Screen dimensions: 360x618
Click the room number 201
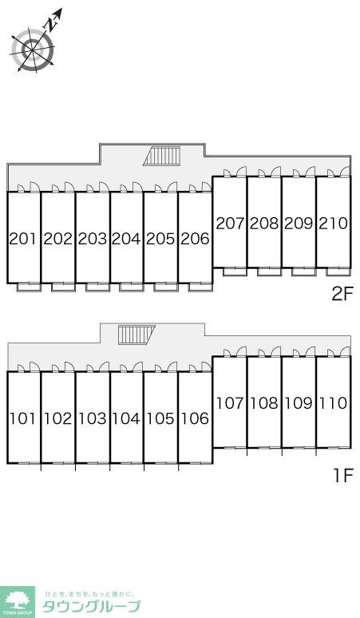coord(23,239)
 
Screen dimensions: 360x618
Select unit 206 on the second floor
coord(195,239)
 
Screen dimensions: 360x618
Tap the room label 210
coord(333,224)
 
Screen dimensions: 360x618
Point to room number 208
coord(264,224)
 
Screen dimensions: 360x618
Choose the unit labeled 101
coord(23,418)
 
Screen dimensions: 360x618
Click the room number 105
coord(160,418)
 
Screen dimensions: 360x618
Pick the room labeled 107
coord(230,403)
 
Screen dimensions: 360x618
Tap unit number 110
coord(333,403)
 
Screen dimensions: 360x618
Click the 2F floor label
coord(342,295)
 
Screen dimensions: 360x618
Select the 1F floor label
coord(343,476)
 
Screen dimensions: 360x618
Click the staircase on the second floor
coord(162,156)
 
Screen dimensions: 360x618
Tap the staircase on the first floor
coord(136,335)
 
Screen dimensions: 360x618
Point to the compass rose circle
coord(32,50)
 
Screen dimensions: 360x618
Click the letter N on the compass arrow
coord(50,25)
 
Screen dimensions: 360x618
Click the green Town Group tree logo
coord(18,602)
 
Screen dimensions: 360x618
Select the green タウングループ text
coord(91,606)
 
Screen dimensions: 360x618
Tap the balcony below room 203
coord(97,287)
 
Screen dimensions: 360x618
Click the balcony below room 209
coord(303,271)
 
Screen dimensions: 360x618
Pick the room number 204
coord(126,239)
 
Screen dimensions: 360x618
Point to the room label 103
coord(93,418)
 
